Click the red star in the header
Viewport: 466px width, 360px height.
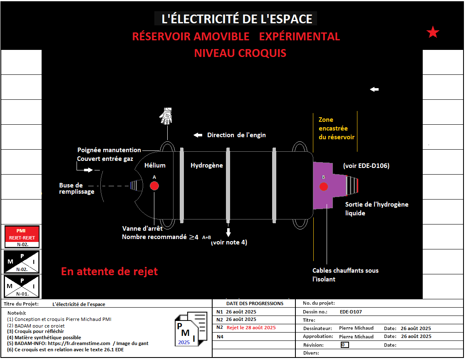433,32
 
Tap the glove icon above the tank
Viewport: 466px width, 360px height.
166,116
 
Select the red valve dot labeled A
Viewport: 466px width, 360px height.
154,186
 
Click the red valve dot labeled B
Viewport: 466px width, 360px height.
323,187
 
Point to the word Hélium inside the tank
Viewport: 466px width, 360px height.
155,165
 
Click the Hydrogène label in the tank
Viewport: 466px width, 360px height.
207,165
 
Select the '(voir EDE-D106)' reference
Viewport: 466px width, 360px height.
366,165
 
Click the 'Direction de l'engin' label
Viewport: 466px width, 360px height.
236,135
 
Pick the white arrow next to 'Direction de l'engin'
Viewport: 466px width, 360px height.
198,135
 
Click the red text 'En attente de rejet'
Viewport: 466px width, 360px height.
109,271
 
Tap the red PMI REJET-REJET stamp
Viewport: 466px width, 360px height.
22,237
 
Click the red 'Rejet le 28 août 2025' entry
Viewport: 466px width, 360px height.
251,328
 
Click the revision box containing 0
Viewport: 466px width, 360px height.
345,345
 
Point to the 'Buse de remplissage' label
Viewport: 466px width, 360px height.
77,188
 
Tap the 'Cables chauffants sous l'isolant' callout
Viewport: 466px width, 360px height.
345,275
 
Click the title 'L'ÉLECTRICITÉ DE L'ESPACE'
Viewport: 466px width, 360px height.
237,19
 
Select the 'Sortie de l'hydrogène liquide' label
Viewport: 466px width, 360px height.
377,209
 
